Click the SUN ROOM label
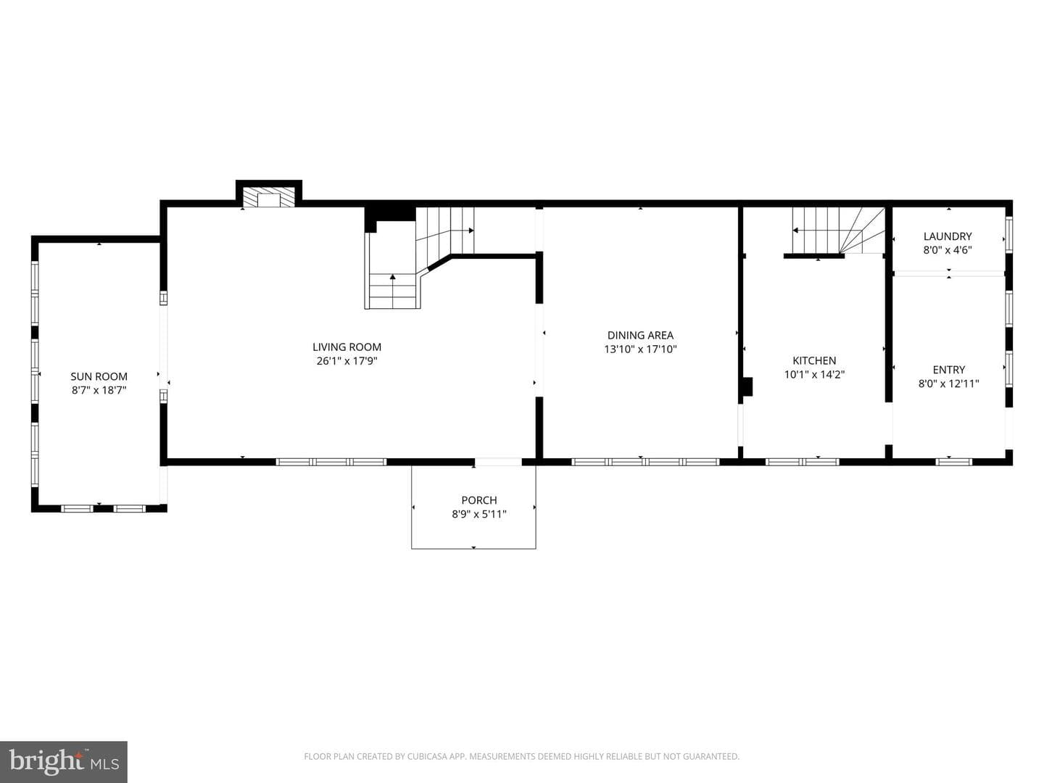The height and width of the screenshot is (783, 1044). coord(99,376)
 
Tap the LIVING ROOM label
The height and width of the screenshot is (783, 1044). coord(347,347)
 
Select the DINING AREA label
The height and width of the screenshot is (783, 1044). coord(640,335)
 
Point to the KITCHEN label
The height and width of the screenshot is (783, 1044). coord(814,360)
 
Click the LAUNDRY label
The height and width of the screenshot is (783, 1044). coord(948,236)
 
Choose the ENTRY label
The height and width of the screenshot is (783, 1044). coord(949,370)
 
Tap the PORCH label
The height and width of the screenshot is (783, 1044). coord(479,500)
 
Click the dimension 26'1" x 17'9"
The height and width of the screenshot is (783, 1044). coord(347,361)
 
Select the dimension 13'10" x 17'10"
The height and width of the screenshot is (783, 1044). coord(640,349)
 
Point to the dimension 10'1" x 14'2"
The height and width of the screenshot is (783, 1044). coord(814,374)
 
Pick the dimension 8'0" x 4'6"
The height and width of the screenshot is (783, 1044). coord(948,250)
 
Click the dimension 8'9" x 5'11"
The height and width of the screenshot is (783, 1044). coord(479,514)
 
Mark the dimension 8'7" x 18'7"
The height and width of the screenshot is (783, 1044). coord(99,390)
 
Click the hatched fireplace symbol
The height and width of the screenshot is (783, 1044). coord(269,197)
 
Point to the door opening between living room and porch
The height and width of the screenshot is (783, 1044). coord(498,462)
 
